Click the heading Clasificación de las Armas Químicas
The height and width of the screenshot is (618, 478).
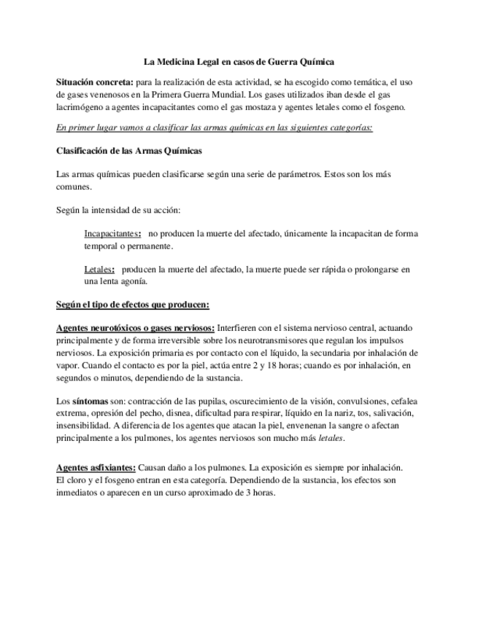(129, 151)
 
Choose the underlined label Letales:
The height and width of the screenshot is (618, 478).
(99, 270)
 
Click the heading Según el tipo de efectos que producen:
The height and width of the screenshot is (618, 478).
(133, 304)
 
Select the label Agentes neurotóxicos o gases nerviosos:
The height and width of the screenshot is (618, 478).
(135, 329)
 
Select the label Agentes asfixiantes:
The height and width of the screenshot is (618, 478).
(96, 467)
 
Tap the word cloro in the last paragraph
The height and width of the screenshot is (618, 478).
(78, 480)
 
